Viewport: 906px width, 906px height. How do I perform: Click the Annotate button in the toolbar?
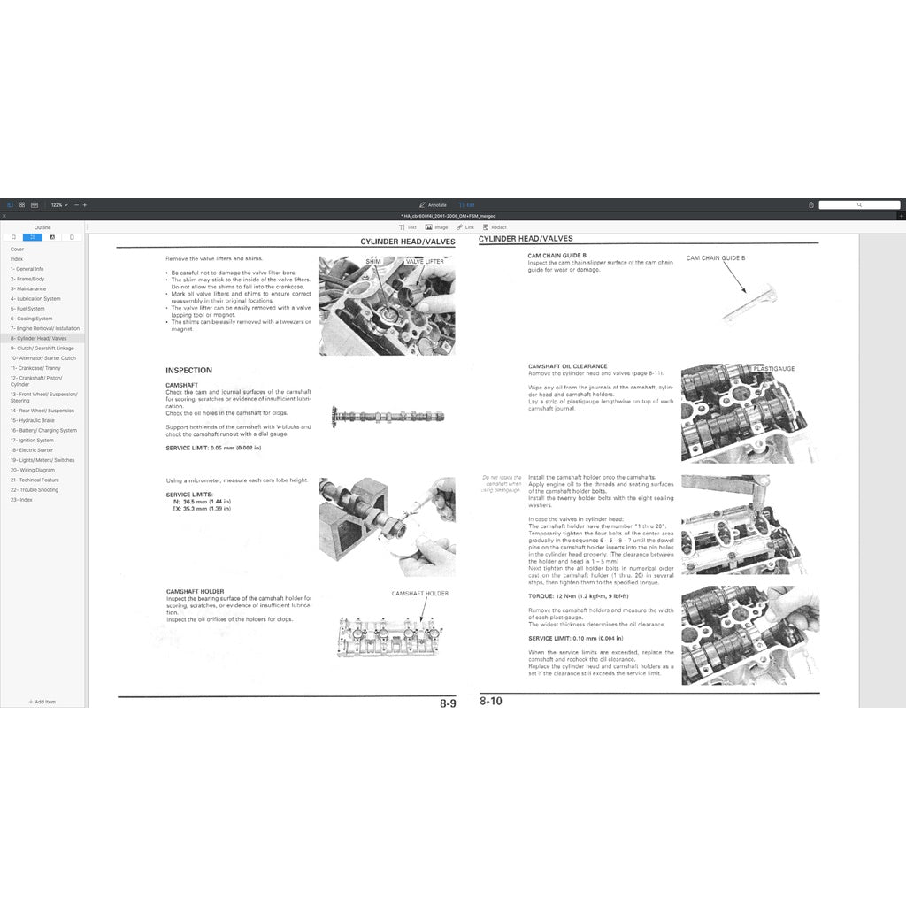(434, 204)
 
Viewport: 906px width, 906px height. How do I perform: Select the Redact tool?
(495, 227)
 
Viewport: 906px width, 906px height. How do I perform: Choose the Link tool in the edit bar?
(466, 227)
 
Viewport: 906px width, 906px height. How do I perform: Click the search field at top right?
(858, 204)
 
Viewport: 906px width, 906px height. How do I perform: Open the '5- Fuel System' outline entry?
(27, 309)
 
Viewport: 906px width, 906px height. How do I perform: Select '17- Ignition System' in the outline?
(32, 440)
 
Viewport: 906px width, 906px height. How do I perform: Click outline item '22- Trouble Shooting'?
(35, 489)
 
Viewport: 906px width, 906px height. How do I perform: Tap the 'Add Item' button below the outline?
(42, 702)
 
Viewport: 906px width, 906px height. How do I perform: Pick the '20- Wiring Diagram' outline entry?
(33, 470)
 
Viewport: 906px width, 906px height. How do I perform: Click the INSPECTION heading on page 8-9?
(188, 370)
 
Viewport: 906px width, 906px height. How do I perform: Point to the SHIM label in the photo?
(373, 262)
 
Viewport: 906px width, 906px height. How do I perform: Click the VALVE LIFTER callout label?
(426, 262)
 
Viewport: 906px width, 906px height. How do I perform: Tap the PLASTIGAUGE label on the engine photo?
(773, 368)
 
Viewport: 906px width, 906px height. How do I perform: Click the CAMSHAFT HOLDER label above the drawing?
(419, 594)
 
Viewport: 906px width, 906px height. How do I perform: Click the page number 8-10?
(491, 701)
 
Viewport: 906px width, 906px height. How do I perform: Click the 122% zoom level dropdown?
(58, 204)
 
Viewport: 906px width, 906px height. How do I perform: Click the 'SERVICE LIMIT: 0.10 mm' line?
(575, 638)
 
